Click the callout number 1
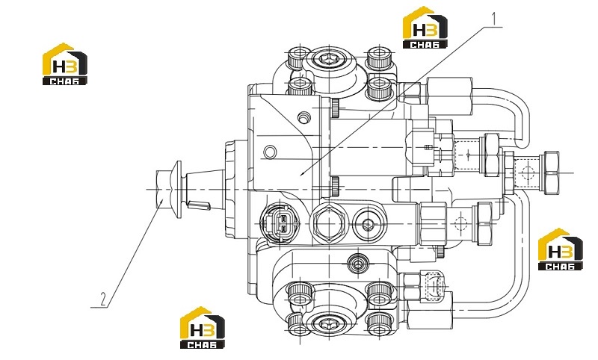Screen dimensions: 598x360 click(x=494, y=19)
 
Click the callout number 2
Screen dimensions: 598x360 click(x=103, y=299)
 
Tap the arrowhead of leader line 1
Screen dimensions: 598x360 click(x=302, y=174)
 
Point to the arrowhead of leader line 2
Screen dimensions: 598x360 click(x=162, y=202)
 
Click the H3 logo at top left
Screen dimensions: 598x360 click(x=65, y=63)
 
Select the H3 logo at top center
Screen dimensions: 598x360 click(x=425, y=28)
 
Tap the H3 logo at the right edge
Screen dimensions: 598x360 click(x=560, y=249)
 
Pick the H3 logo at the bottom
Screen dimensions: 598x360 click(x=203, y=328)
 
